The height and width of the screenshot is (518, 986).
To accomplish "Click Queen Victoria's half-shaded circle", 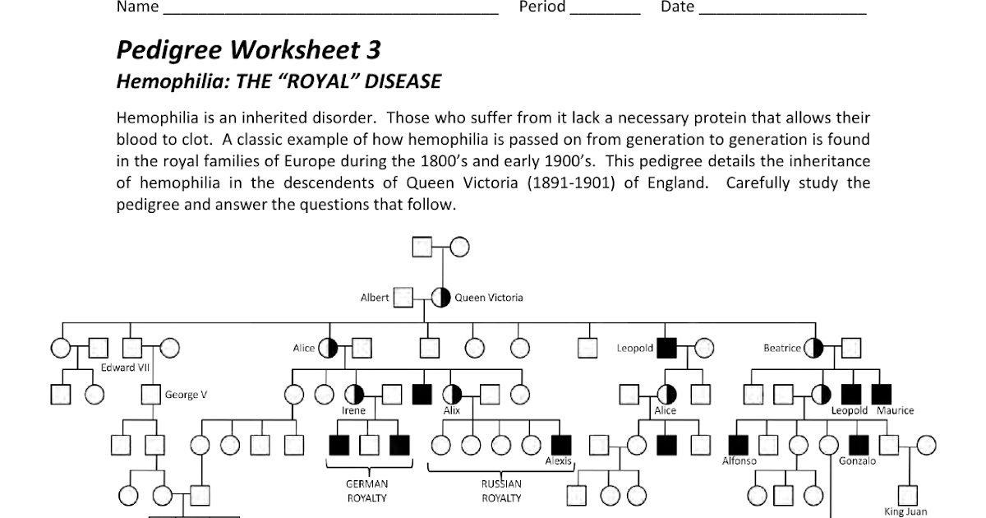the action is (440, 298).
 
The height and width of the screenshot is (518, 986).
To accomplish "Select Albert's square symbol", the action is (403, 298).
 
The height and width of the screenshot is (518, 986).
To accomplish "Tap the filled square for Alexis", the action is (561, 445).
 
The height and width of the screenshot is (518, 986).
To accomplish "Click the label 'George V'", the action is (186, 395).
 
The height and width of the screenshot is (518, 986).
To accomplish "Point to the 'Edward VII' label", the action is (126, 368).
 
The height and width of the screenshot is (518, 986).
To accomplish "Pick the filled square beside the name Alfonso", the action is (738, 445).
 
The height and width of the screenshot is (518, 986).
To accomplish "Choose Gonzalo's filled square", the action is (859, 445).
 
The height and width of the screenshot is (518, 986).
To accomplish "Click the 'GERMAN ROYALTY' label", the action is (367, 491).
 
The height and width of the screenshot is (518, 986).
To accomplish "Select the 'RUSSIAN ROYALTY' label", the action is (501, 491).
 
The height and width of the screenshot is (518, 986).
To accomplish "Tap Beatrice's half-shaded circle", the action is (813, 349).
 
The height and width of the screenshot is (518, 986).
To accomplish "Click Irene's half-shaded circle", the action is (354, 395).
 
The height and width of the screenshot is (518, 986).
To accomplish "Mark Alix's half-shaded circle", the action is (452, 395).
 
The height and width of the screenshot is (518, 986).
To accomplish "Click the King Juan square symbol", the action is (908, 496).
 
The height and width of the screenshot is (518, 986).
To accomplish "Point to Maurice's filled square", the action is (881, 394).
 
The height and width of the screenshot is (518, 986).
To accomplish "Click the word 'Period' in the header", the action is (542, 7).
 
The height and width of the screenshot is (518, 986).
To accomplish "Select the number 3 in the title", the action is (373, 50).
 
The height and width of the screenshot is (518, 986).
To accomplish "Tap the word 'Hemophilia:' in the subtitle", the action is (173, 81).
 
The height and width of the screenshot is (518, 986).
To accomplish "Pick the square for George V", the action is (151, 395).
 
